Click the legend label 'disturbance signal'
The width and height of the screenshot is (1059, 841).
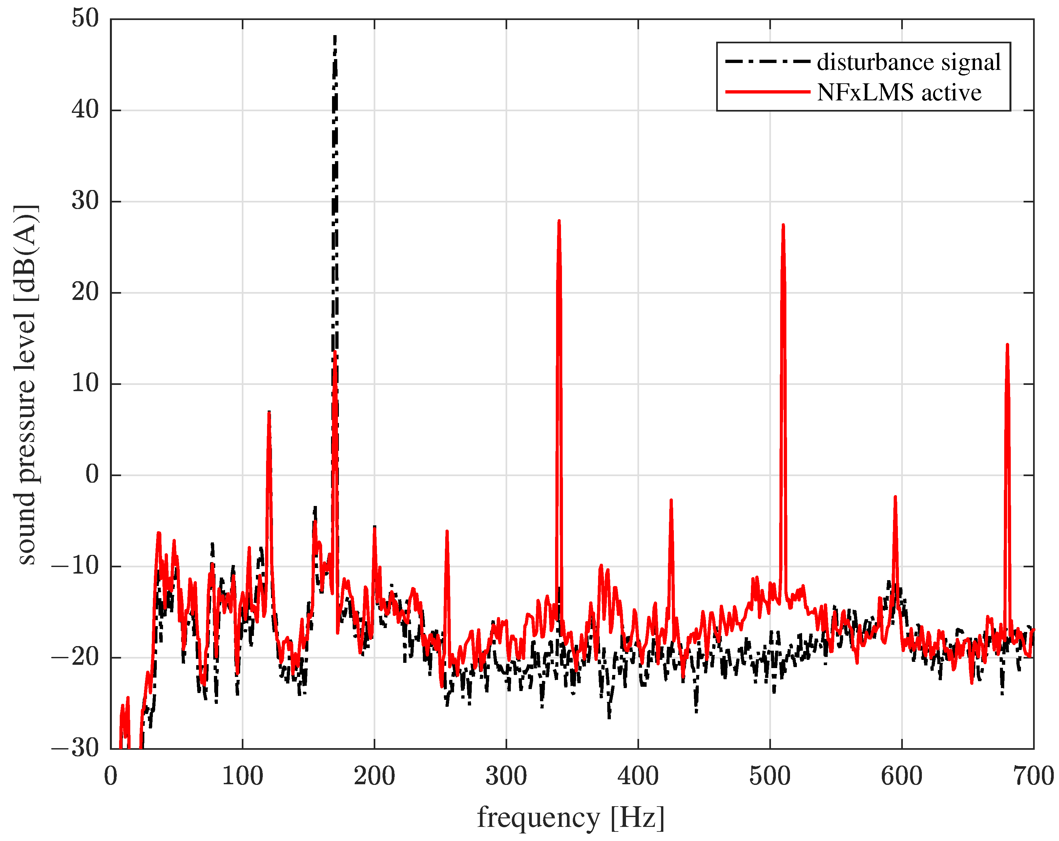[909, 62]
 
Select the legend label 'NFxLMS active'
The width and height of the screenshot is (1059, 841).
[899, 92]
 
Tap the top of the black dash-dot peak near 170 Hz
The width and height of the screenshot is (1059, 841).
[335, 36]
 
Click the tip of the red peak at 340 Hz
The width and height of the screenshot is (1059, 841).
[559, 221]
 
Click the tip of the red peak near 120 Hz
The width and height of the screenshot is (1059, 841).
[269, 412]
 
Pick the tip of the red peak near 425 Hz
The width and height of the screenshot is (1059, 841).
[671, 500]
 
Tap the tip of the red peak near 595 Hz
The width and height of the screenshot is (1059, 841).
[895, 497]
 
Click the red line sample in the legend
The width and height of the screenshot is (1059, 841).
[767, 92]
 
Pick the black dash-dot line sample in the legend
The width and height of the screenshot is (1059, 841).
[767, 62]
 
